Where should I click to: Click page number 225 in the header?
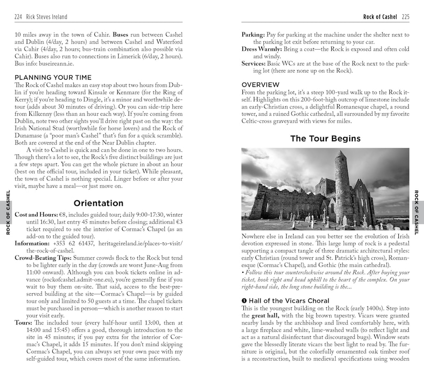pos(405,17)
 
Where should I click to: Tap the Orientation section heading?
pos(98,203)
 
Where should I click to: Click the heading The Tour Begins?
pos(325,138)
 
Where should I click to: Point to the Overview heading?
pos(260,84)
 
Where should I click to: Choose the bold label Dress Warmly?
pos(261,49)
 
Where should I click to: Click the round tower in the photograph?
pos(342,183)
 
